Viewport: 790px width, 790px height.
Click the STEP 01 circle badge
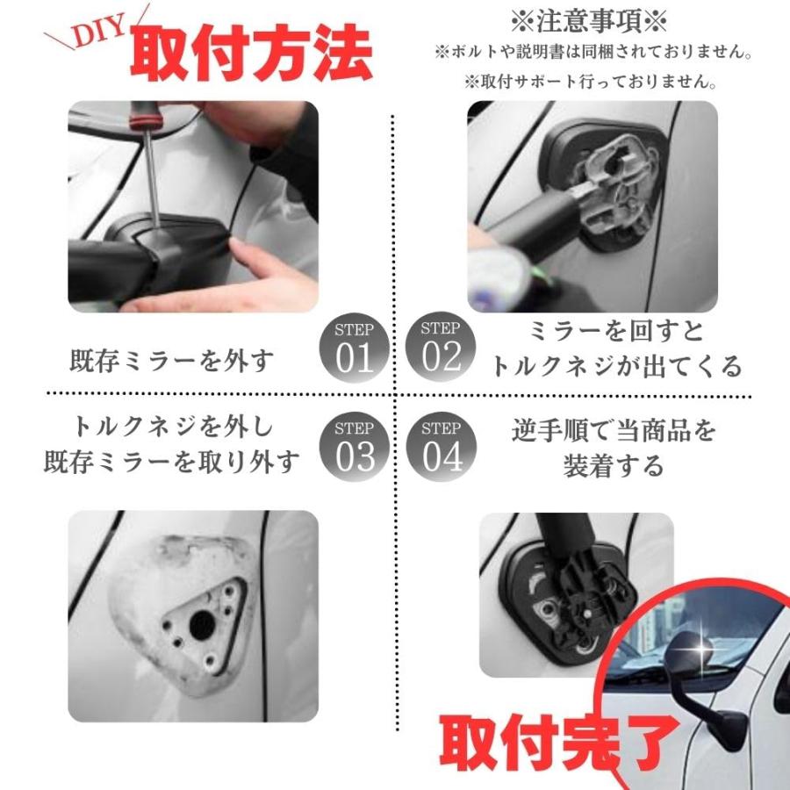(x=355, y=348)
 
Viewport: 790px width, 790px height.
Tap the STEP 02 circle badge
(x=441, y=347)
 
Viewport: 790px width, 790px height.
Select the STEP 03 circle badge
(x=355, y=447)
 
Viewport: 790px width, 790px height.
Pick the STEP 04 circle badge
(x=442, y=447)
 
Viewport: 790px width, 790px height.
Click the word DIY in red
(x=99, y=32)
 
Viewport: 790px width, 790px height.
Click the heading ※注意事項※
(x=589, y=21)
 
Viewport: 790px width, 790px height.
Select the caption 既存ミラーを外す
(x=171, y=361)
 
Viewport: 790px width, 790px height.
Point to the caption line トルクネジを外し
(x=173, y=427)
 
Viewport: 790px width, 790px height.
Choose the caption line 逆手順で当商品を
(x=614, y=431)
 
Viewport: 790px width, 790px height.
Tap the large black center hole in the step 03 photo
(x=203, y=625)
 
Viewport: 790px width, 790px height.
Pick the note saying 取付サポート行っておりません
(x=591, y=81)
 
